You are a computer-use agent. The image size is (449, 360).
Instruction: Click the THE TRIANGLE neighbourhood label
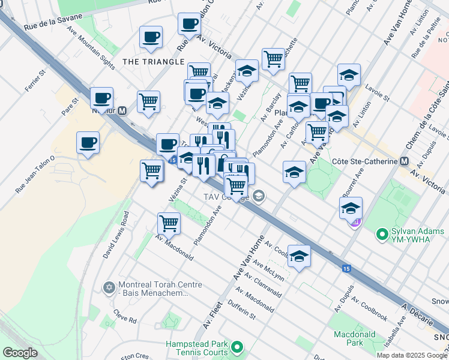click(x=153, y=62)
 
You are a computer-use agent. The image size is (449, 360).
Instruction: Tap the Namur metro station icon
click(x=122, y=110)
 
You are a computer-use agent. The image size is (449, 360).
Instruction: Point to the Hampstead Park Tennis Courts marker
click(x=238, y=347)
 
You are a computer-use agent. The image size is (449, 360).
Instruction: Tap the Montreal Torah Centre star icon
click(x=108, y=288)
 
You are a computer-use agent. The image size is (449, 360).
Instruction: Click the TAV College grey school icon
click(x=259, y=196)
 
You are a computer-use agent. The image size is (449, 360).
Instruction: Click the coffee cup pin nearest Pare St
click(x=101, y=98)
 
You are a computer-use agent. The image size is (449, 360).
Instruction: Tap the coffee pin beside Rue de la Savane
click(x=151, y=37)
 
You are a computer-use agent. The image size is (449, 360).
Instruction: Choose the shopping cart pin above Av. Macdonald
click(x=169, y=223)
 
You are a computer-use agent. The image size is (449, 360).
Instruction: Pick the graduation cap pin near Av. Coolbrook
click(x=299, y=256)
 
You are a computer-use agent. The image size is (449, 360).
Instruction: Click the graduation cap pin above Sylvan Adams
click(x=351, y=208)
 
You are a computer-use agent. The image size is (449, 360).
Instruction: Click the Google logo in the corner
click(x=20, y=352)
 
